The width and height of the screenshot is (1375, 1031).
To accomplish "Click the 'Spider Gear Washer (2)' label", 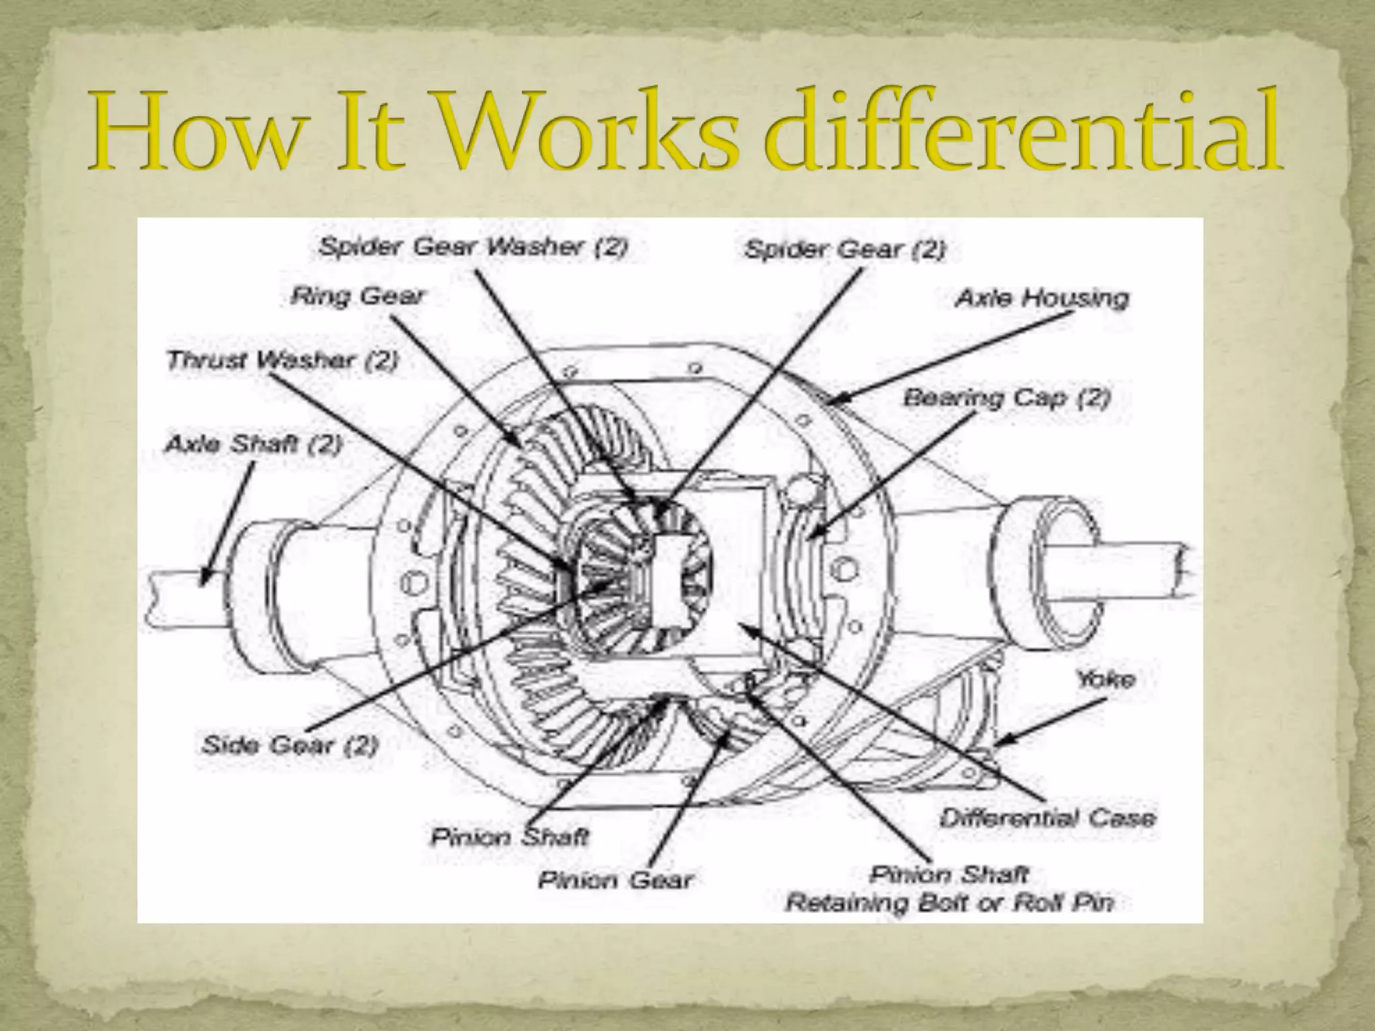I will [x=473, y=247].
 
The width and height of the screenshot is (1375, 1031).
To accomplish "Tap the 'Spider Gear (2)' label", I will [x=845, y=250].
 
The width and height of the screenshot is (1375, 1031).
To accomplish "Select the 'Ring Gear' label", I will [x=358, y=296].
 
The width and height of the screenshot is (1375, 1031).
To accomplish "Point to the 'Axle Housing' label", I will [x=1042, y=298].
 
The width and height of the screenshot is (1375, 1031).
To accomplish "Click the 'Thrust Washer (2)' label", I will [x=283, y=360].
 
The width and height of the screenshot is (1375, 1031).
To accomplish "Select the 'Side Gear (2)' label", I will [x=290, y=745].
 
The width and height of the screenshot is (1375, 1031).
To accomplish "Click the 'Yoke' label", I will [x=1105, y=679].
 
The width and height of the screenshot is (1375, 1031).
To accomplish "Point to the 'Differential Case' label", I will [x=1048, y=818].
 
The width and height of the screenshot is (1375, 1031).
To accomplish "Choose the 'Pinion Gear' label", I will [x=614, y=880].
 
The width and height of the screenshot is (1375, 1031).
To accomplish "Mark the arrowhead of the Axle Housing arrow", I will [x=830, y=402].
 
